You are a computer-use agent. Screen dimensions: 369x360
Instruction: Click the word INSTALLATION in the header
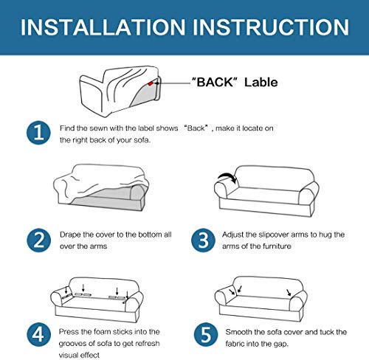(x=103, y=27)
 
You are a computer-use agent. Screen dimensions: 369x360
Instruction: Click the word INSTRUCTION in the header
(x=271, y=27)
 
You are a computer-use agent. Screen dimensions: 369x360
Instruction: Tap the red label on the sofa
(x=151, y=83)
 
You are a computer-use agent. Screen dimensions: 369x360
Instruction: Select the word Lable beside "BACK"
(x=261, y=82)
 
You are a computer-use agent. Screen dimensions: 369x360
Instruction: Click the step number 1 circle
(x=38, y=133)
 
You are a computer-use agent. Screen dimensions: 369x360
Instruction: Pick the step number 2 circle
(x=38, y=240)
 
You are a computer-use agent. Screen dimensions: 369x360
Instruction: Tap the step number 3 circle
(x=203, y=240)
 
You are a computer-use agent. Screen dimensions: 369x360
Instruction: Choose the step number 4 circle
(x=38, y=334)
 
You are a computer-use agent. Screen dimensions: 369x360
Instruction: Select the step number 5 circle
(x=206, y=334)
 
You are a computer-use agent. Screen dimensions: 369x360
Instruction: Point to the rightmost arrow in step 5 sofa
(x=289, y=292)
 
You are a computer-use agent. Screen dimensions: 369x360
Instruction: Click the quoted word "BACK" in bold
(x=215, y=82)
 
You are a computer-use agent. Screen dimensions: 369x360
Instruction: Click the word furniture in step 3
(x=277, y=246)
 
